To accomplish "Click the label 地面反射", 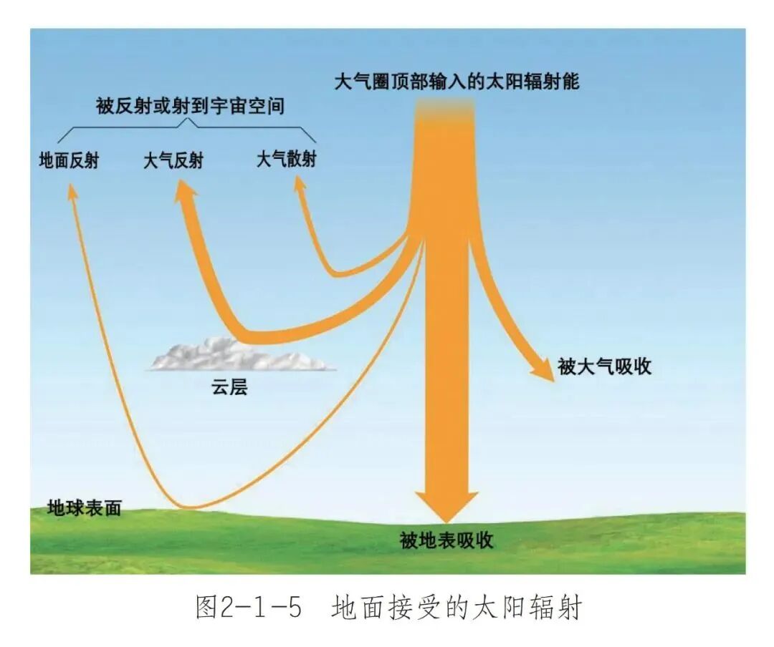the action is pyautogui.click(x=69, y=160).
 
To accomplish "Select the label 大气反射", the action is pyautogui.click(x=173, y=160).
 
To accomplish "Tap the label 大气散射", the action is pyautogui.click(x=286, y=159).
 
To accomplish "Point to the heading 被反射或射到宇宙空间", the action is pyautogui.click(x=190, y=107).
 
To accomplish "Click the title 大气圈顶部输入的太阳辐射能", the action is pyautogui.click(x=457, y=81).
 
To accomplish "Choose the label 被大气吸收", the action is pyautogui.click(x=604, y=366).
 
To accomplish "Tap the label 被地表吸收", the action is pyautogui.click(x=446, y=540).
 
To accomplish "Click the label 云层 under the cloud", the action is pyautogui.click(x=229, y=388).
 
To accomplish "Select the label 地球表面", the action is pyautogui.click(x=84, y=508).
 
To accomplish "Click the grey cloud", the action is pyautogui.click(x=240, y=355).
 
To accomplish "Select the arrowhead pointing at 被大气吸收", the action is pyautogui.click(x=544, y=369).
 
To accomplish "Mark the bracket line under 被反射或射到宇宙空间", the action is pyautogui.click(x=190, y=125).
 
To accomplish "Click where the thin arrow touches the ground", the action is pyautogui.click(x=190, y=507).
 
